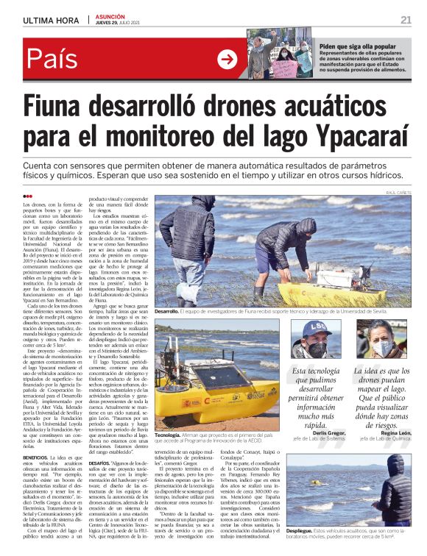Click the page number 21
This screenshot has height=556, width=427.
click(x=406, y=20)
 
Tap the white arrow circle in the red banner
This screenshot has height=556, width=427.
click(x=227, y=59)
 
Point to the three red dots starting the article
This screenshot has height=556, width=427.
click(x=28, y=196)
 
